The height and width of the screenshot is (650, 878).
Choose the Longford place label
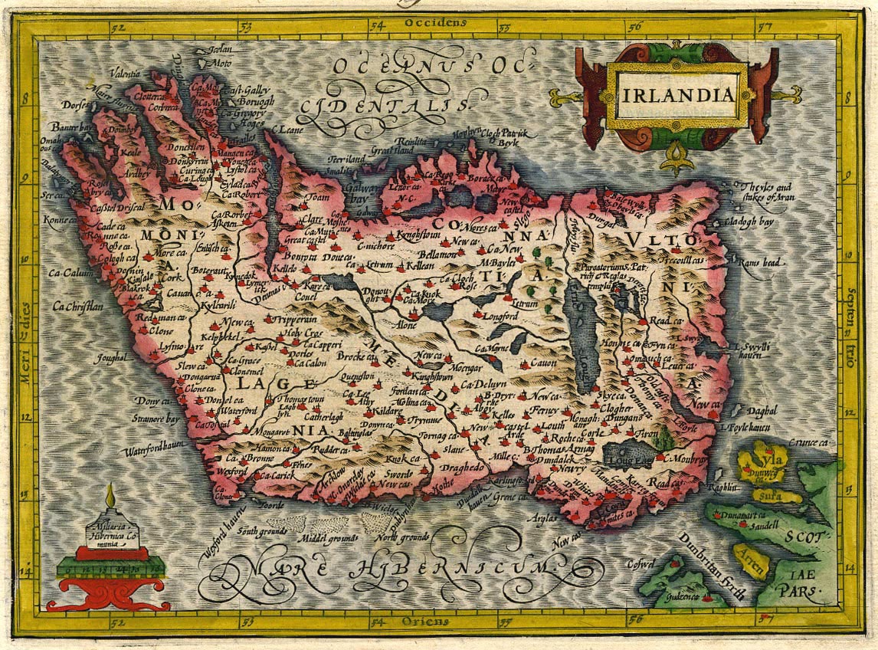tap(501, 315)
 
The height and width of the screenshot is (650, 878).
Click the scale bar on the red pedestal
tap(112, 569)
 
